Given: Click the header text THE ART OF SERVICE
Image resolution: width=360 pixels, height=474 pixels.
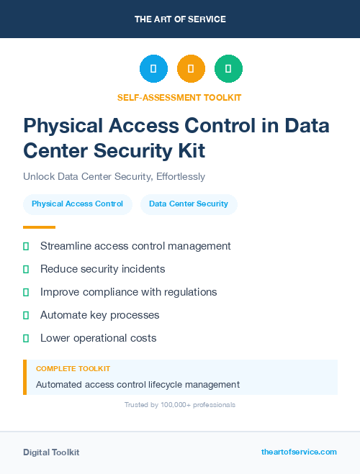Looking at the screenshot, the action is coord(180,19).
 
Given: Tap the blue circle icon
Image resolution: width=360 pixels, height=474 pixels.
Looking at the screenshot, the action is coord(153,69).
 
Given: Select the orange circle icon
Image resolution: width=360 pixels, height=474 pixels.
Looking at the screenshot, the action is coord(191,69).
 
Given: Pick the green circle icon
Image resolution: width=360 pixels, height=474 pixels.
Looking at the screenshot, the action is coord(228,69).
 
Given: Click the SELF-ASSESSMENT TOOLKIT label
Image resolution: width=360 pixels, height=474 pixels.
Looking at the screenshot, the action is coord(180,97).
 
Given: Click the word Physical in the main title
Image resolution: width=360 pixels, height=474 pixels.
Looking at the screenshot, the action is coord(66,126).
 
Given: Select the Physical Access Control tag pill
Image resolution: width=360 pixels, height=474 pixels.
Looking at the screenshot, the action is coord(77,204).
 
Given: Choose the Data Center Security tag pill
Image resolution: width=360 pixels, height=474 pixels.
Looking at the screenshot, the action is coord(189,204).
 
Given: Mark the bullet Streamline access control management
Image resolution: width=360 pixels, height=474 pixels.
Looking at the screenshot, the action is coord(135,246).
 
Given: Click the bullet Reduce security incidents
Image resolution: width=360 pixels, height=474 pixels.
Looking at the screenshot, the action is coord(102,269).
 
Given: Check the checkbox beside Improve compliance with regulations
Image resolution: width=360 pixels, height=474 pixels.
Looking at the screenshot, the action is coord(26,292).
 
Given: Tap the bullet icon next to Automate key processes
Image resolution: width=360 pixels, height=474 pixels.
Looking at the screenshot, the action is coord(26,315).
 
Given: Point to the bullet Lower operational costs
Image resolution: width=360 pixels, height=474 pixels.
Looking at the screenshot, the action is coord(98,338).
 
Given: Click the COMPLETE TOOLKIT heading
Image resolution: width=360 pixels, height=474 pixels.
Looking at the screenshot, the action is coord(73,368).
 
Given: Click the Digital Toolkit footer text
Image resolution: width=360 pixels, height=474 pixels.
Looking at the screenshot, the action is coord(51,452).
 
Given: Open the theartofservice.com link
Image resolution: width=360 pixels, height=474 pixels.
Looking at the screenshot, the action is coord(299,452).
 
